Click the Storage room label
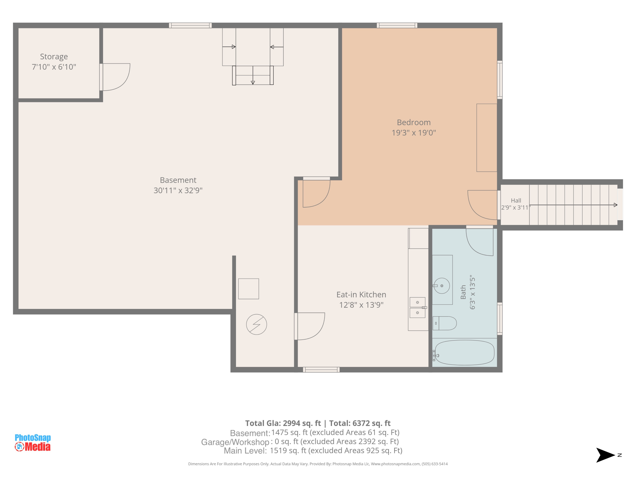pyautogui.click(x=54, y=57)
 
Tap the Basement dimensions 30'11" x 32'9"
pyautogui.click(x=178, y=190)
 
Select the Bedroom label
pyautogui.click(x=414, y=123)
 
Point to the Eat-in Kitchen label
pyautogui.click(x=361, y=295)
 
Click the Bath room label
pyautogui.click(x=463, y=292)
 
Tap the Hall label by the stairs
pyautogui.click(x=516, y=200)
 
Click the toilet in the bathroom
pyautogui.click(x=445, y=323)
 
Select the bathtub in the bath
pyautogui.click(x=464, y=353)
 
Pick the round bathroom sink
pyautogui.click(x=442, y=286)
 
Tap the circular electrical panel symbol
pyautogui.click(x=257, y=324)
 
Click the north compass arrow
pyautogui.click(x=605, y=455)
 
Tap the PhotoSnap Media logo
pyautogui.click(x=33, y=442)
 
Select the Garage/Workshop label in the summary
pyautogui.click(x=235, y=442)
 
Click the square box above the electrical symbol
pyautogui.click(x=248, y=289)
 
